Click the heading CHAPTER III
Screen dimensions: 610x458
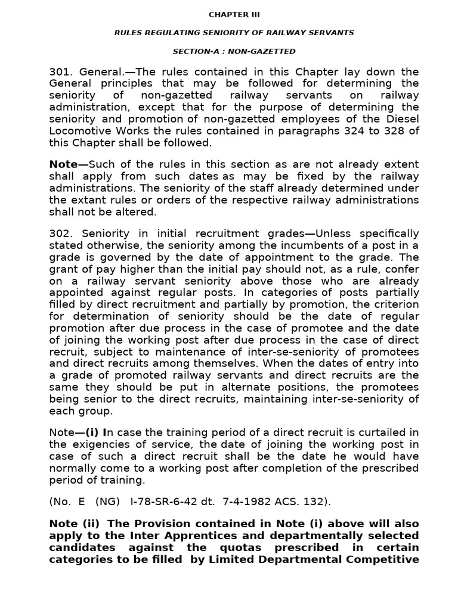click(234, 14)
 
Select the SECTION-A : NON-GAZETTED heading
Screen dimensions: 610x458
click(234, 52)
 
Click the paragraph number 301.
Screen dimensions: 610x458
click(60, 72)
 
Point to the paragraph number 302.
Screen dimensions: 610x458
click(60, 233)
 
